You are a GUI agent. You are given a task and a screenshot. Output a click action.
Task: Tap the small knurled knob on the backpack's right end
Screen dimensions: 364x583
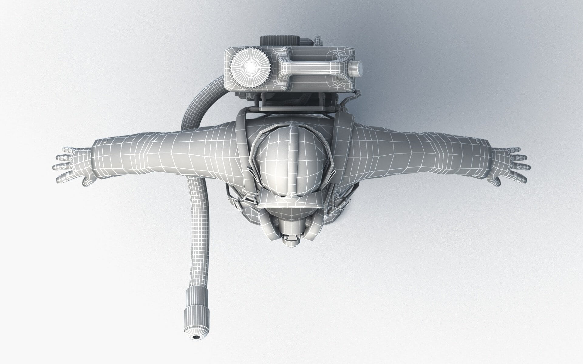coord(357,68)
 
